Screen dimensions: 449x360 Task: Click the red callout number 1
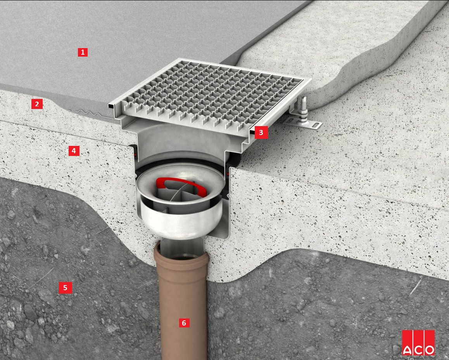click(83, 52)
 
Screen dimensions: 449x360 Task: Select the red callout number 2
click(37, 104)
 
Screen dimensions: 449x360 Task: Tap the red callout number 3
click(261, 132)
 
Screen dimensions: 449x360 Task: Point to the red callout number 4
click(74, 151)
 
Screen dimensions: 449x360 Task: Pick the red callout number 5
click(65, 287)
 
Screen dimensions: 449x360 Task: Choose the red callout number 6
click(184, 323)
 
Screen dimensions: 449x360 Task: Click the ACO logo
click(418, 343)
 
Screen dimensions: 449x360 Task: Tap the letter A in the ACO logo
click(408, 350)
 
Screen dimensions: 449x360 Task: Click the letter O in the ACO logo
click(429, 350)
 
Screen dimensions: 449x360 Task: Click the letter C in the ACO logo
click(418, 350)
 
